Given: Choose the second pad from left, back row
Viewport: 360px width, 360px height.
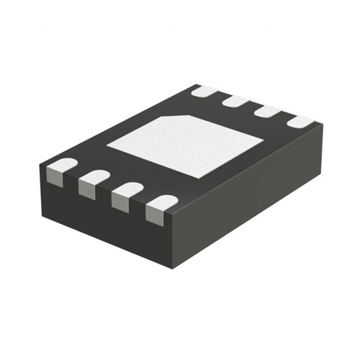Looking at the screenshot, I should tap(235, 102).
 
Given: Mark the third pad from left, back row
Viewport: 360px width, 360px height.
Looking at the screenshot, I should tap(267, 112).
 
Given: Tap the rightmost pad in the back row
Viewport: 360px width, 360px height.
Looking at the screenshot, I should tap(300, 122).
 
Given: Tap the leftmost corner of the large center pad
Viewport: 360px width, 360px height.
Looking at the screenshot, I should tap(108, 148).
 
